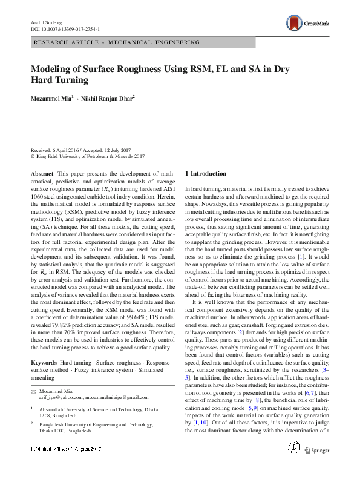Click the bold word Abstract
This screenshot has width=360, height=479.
coord(42,173)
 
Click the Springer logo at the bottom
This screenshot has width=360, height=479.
coord(316,467)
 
